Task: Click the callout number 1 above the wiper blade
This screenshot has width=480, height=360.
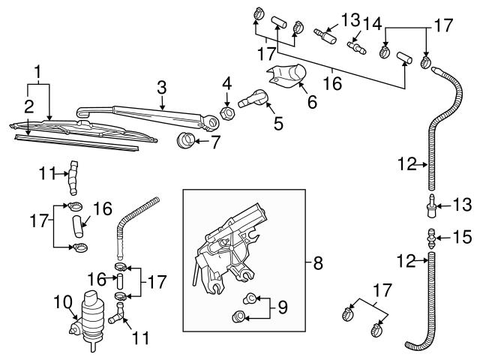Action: click(x=36, y=74)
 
